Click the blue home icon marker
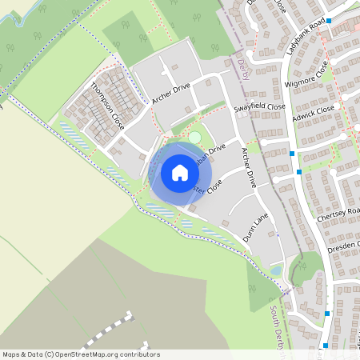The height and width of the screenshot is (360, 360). point(180,172)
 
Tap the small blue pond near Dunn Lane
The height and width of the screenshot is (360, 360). point(275,270)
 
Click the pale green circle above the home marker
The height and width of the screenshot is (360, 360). point(194,138)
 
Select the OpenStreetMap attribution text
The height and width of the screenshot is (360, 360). point(81,354)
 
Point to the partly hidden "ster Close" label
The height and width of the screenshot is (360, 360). point(209,189)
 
